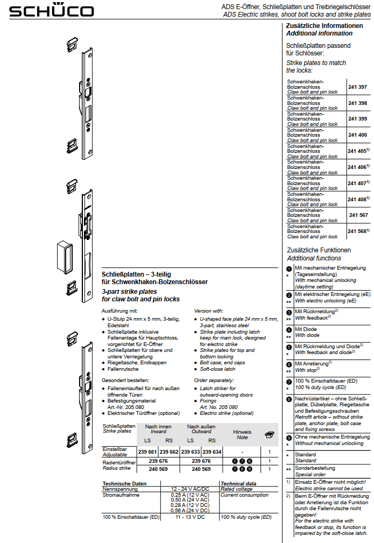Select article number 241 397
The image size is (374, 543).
[x=357, y=87]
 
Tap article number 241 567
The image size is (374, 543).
[x=358, y=215]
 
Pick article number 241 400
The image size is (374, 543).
[x=357, y=135]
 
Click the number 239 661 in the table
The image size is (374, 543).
[x=148, y=452]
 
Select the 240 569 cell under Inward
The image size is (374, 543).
[x=158, y=469]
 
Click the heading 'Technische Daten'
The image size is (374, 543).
[x=124, y=483]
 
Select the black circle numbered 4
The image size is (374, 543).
[x=289, y=329]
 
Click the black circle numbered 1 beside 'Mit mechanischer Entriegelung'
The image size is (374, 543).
[x=289, y=268]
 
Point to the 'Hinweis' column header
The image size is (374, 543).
[x=242, y=432]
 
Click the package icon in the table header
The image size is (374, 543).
[x=270, y=435]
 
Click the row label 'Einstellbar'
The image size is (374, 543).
[x=115, y=449]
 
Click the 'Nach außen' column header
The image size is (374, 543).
[x=201, y=426]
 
